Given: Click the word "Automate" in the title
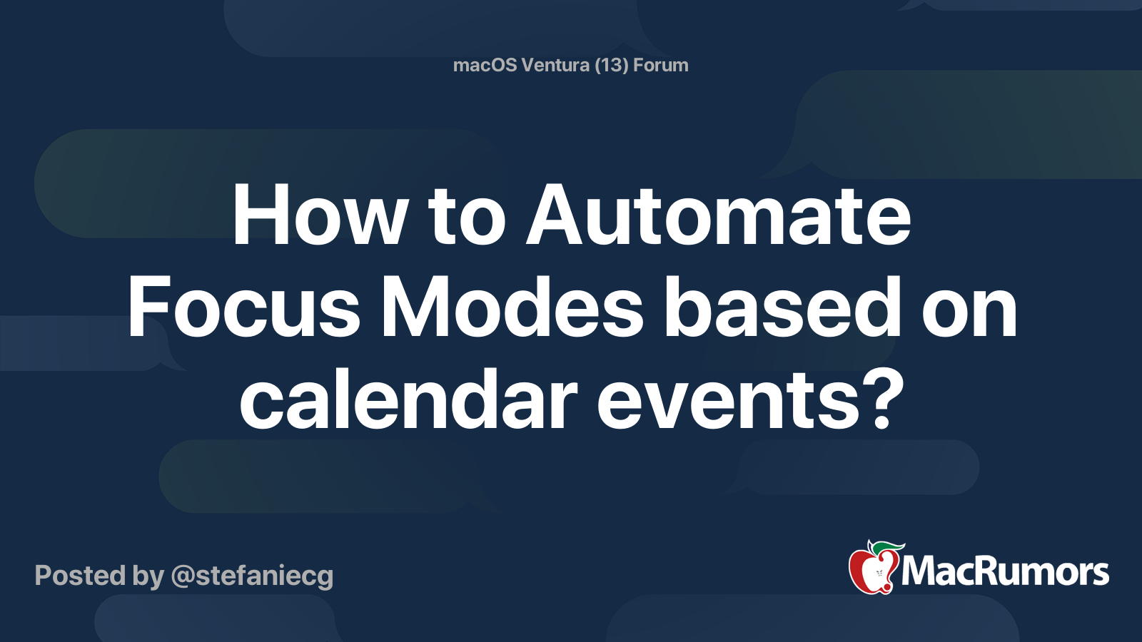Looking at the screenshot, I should pyautogui.click(x=718, y=216).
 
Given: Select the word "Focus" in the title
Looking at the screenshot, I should pyautogui.click(x=243, y=309).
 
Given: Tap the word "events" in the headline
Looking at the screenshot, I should pyautogui.click(x=728, y=401).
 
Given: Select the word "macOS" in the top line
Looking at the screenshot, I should pyautogui.click(x=484, y=66).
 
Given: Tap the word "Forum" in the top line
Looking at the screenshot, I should pyautogui.click(x=661, y=66).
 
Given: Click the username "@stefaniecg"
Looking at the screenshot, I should pyautogui.click(x=252, y=576).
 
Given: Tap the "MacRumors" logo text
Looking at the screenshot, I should pyautogui.click(x=1005, y=572).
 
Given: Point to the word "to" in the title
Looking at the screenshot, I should pyautogui.click(x=467, y=216).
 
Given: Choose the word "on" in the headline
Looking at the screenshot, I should pyautogui.click(x=969, y=309).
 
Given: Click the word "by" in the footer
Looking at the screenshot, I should pyautogui.click(x=148, y=576).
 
